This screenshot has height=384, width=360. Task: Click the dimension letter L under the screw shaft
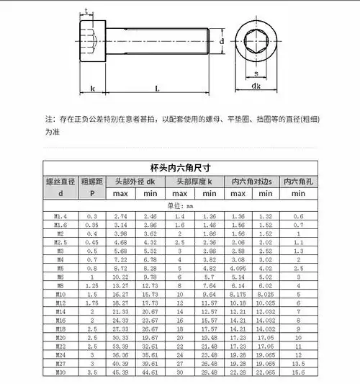pos(157,88)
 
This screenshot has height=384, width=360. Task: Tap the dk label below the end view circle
pos(256,86)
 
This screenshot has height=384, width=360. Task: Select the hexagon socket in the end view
pos(256,43)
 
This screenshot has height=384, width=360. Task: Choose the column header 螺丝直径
pos(60,181)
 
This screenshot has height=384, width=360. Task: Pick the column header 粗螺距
pos(92,181)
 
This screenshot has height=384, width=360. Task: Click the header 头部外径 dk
pos(136,181)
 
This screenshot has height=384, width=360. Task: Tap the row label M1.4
pos(60,216)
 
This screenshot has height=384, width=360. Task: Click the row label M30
pos(60,372)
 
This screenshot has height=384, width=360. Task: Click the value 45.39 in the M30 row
pos(120,372)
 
